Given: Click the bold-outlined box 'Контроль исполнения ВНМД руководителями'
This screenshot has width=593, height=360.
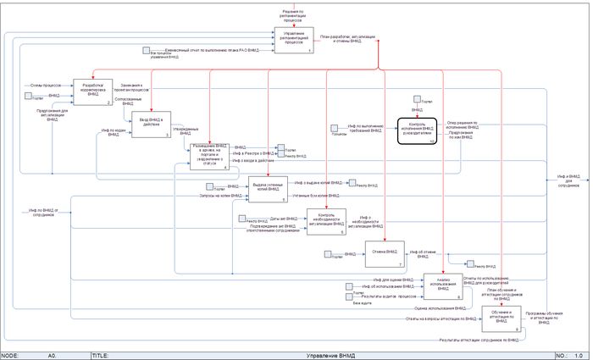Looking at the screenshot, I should [416, 132].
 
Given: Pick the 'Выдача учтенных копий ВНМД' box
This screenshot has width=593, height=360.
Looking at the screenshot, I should [268, 189].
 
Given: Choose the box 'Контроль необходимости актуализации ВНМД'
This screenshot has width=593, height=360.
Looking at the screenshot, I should [325, 222].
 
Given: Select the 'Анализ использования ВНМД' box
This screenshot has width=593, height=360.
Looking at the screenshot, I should [442, 288].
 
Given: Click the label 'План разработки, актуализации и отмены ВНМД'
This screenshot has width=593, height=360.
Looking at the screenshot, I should [347, 41].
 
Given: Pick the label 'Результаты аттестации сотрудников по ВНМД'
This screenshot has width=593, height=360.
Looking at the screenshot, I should [479, 340].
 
